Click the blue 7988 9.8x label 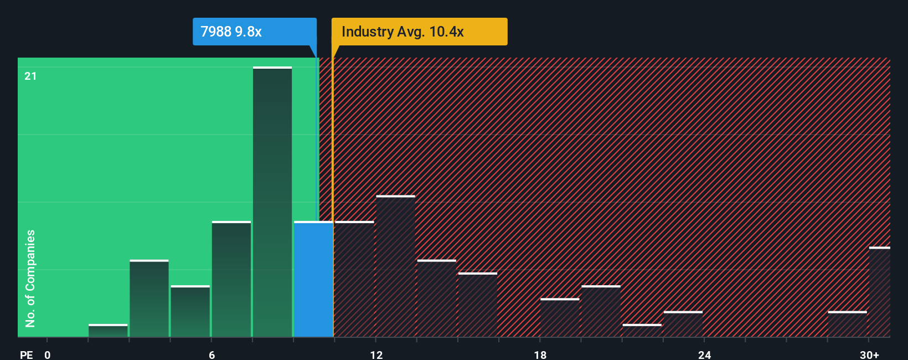254,32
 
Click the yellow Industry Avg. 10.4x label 419,32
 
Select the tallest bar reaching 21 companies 272,202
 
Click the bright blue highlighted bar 313,279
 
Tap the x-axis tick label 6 212,354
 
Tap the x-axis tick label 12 376,354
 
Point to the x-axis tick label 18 540,354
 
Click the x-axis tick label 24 704,354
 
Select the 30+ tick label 869,354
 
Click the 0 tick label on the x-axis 48,354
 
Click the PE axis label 27,354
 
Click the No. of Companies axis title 30,279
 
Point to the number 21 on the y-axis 30,76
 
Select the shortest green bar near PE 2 108,331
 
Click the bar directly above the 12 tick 395,266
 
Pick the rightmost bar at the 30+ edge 879,292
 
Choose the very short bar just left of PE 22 642,331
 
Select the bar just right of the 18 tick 560,318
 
